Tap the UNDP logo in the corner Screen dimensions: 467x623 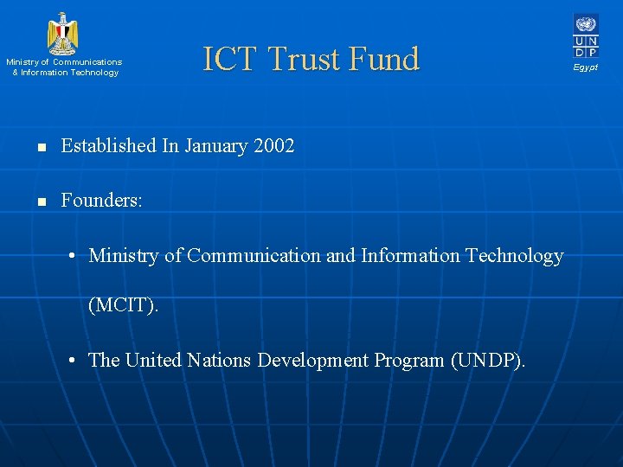point(585,35)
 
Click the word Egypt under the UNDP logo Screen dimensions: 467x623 point(585,67)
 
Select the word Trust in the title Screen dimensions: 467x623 point(304,59)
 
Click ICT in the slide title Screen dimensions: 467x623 point(230,59)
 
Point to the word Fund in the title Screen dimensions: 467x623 point(383,59)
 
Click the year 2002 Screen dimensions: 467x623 point(274,146)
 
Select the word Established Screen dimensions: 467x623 point(109,146)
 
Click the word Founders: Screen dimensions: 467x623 point(101,201)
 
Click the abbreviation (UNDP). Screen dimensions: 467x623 point(487,360)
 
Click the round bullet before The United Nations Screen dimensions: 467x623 point(76,360)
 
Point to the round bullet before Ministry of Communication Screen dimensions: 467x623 point(76,256)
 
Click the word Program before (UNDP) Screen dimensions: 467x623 point(409,360)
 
